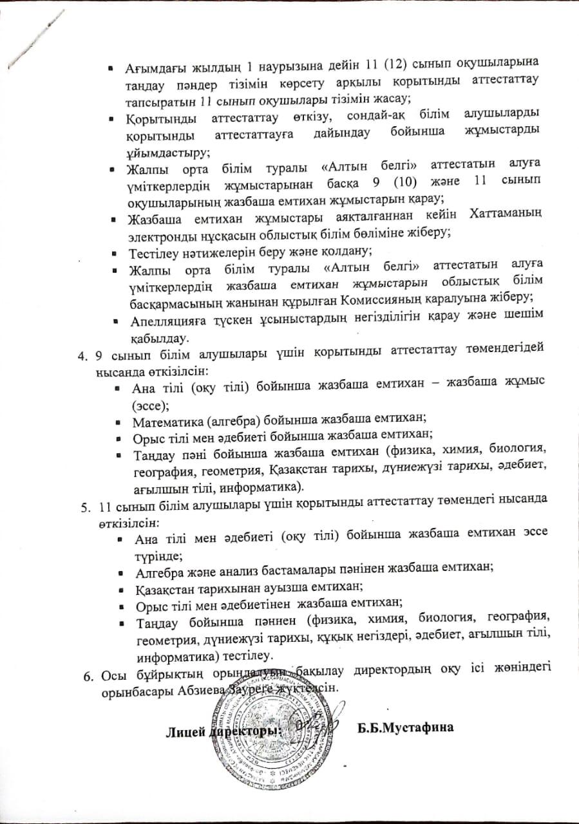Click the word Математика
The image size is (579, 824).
[x=166, y=422]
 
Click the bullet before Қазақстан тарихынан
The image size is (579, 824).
[x=122, y=586]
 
